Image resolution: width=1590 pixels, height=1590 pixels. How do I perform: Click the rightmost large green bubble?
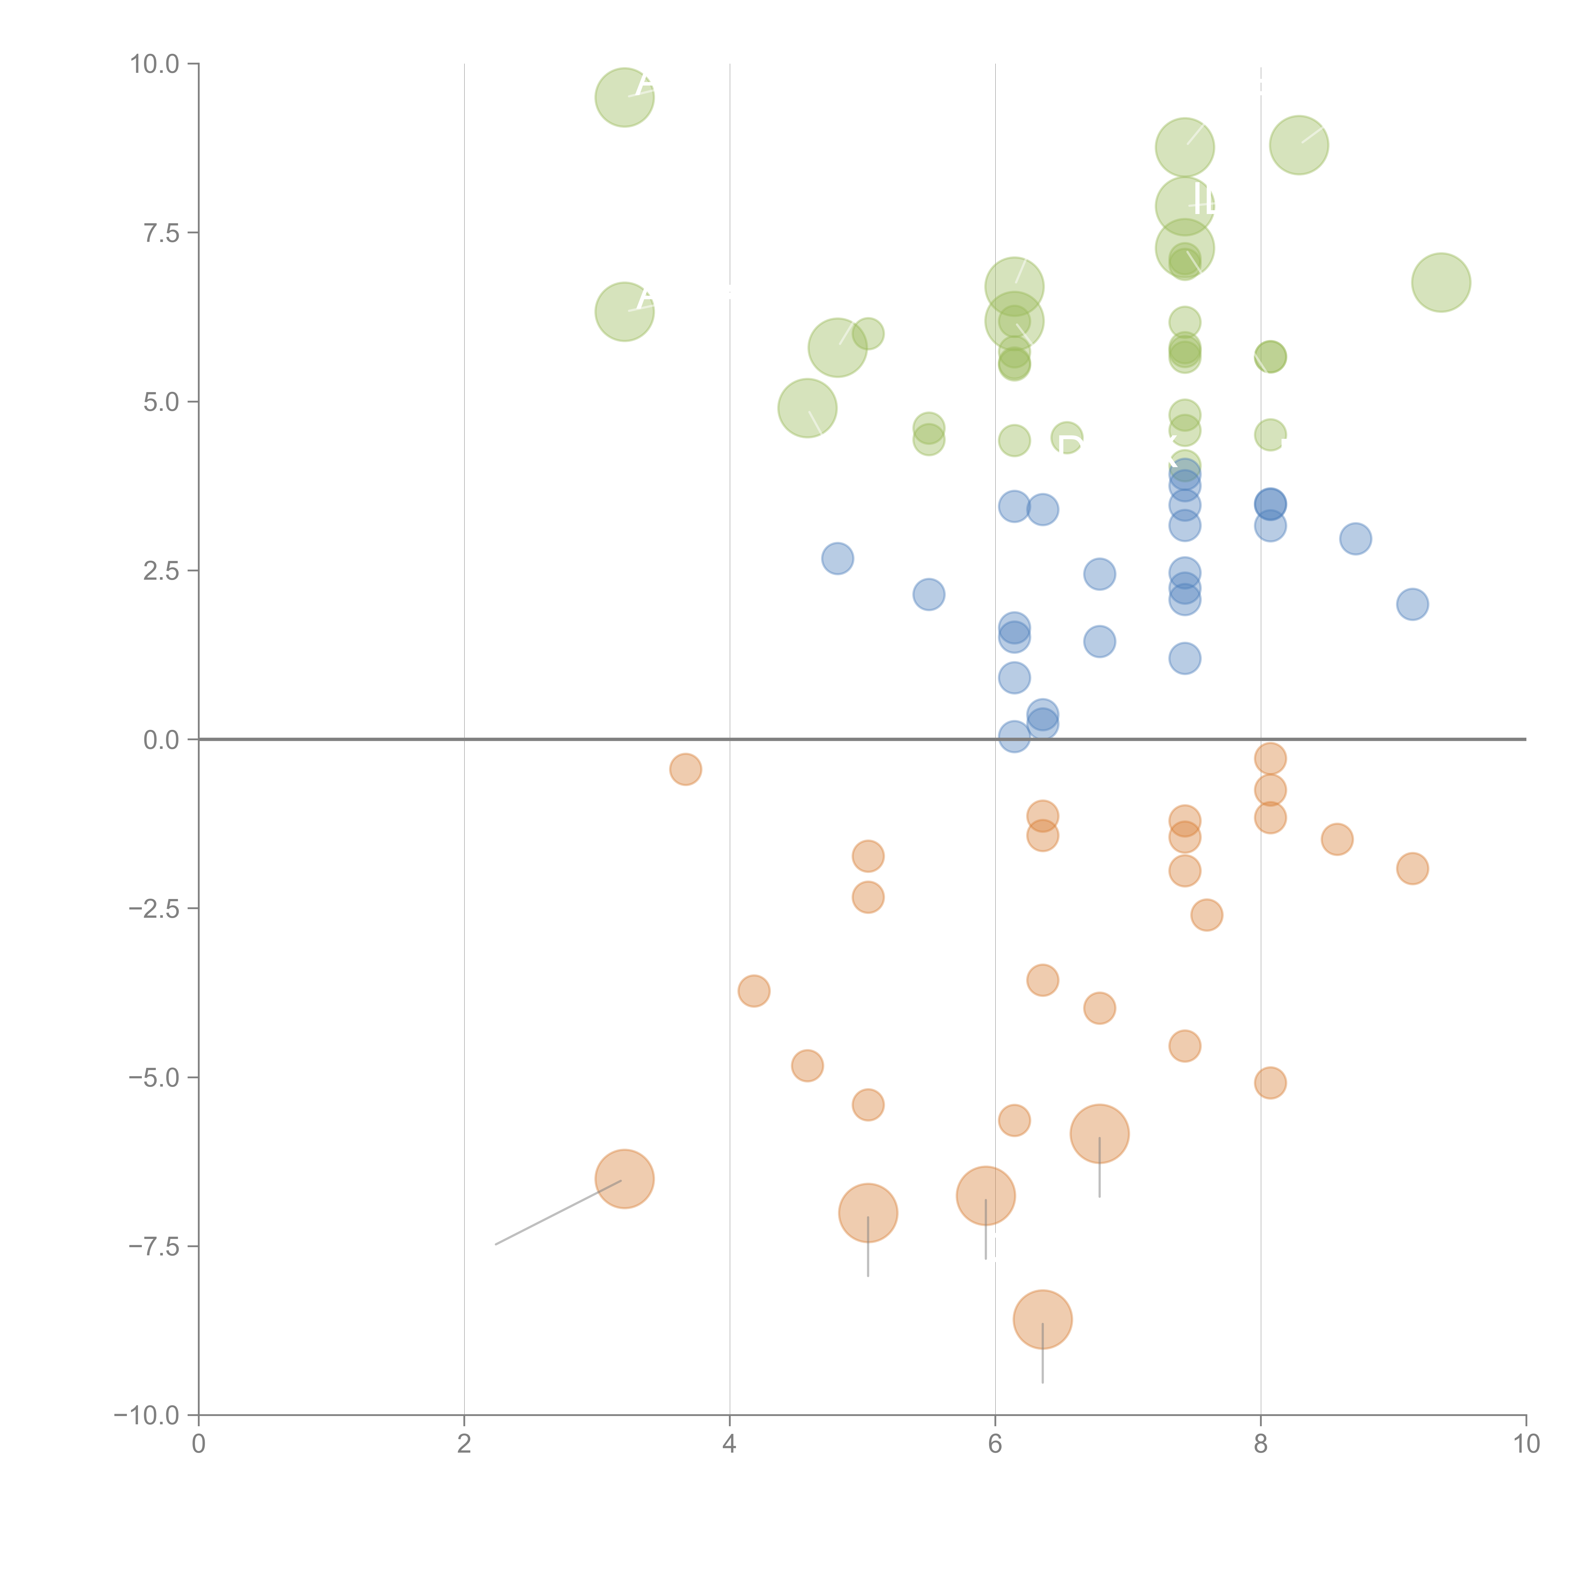pos(1441,282)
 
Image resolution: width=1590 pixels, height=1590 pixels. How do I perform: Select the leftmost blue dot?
pos(837,559)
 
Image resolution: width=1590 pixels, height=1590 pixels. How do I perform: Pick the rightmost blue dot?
pos(1412,604)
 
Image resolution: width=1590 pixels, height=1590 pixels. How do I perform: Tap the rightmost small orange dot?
pos(1412,868)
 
